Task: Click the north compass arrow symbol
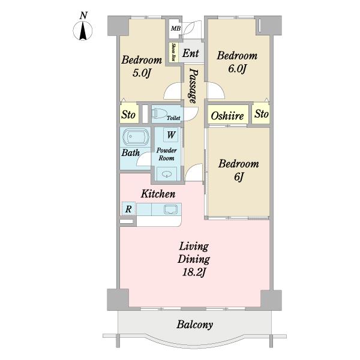click(x=83, y=31)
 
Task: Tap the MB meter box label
click(x=176, y=29)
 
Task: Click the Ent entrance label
click(x=191, y=53)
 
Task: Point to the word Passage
click(x=193, y=86)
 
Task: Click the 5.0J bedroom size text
click(x=142, y=73)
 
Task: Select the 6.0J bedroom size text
click(x=238, y=68)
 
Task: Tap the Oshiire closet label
click(x=227, y=116)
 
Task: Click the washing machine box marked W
click(x=171, y=135)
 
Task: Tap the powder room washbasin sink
click(x=167, y=174)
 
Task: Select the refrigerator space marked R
click(x=128, y=209)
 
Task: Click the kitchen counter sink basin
click(x=170, y=209)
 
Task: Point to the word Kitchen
click(x=158, y=194)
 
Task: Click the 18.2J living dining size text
click(x=194, y=272)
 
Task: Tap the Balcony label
click(x=194, y=325)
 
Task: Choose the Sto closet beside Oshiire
click(x=261, y=113)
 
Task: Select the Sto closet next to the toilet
click(x=129, y=114)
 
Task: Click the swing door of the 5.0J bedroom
click(x=173, y=91)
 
